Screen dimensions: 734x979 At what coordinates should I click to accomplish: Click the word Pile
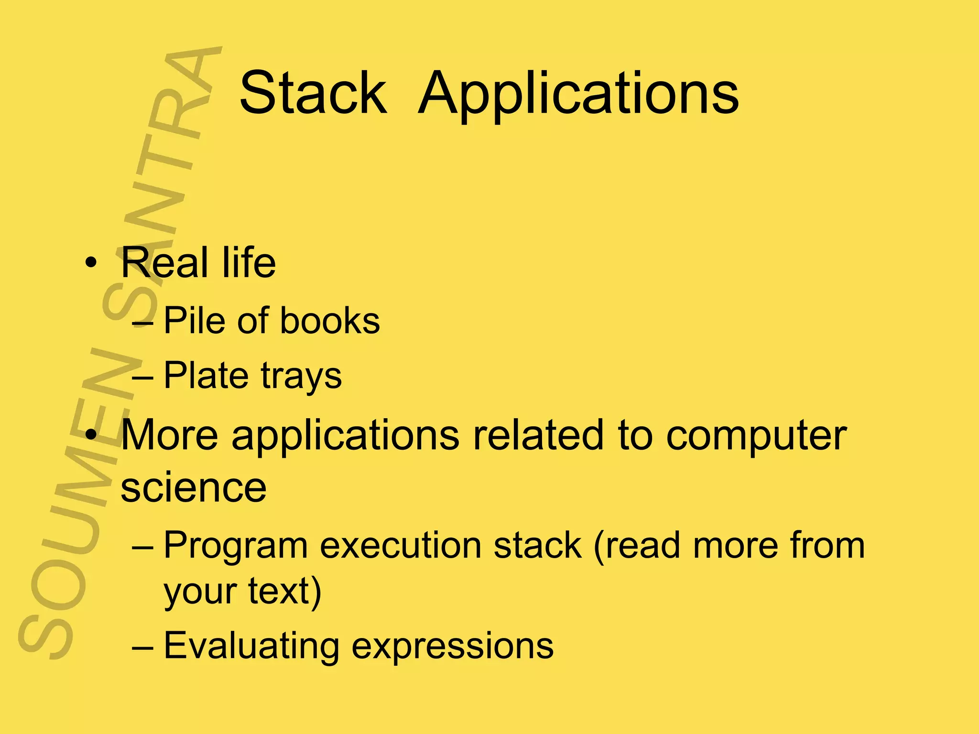pyautogui.click(x=194, y=320)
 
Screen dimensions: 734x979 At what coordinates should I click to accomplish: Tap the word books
pyautogui.click(x=330, y=320)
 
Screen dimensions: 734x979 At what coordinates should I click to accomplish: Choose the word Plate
pyautogui.click(x=206, y=376)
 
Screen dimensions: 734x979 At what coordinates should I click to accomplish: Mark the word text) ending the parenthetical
pyautogui.click(x=285, y=592)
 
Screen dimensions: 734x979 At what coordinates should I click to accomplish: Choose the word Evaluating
pyautogui.click(x=251, y=646)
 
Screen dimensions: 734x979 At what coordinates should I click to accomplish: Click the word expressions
pyautogui.click(x=452, y=648)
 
